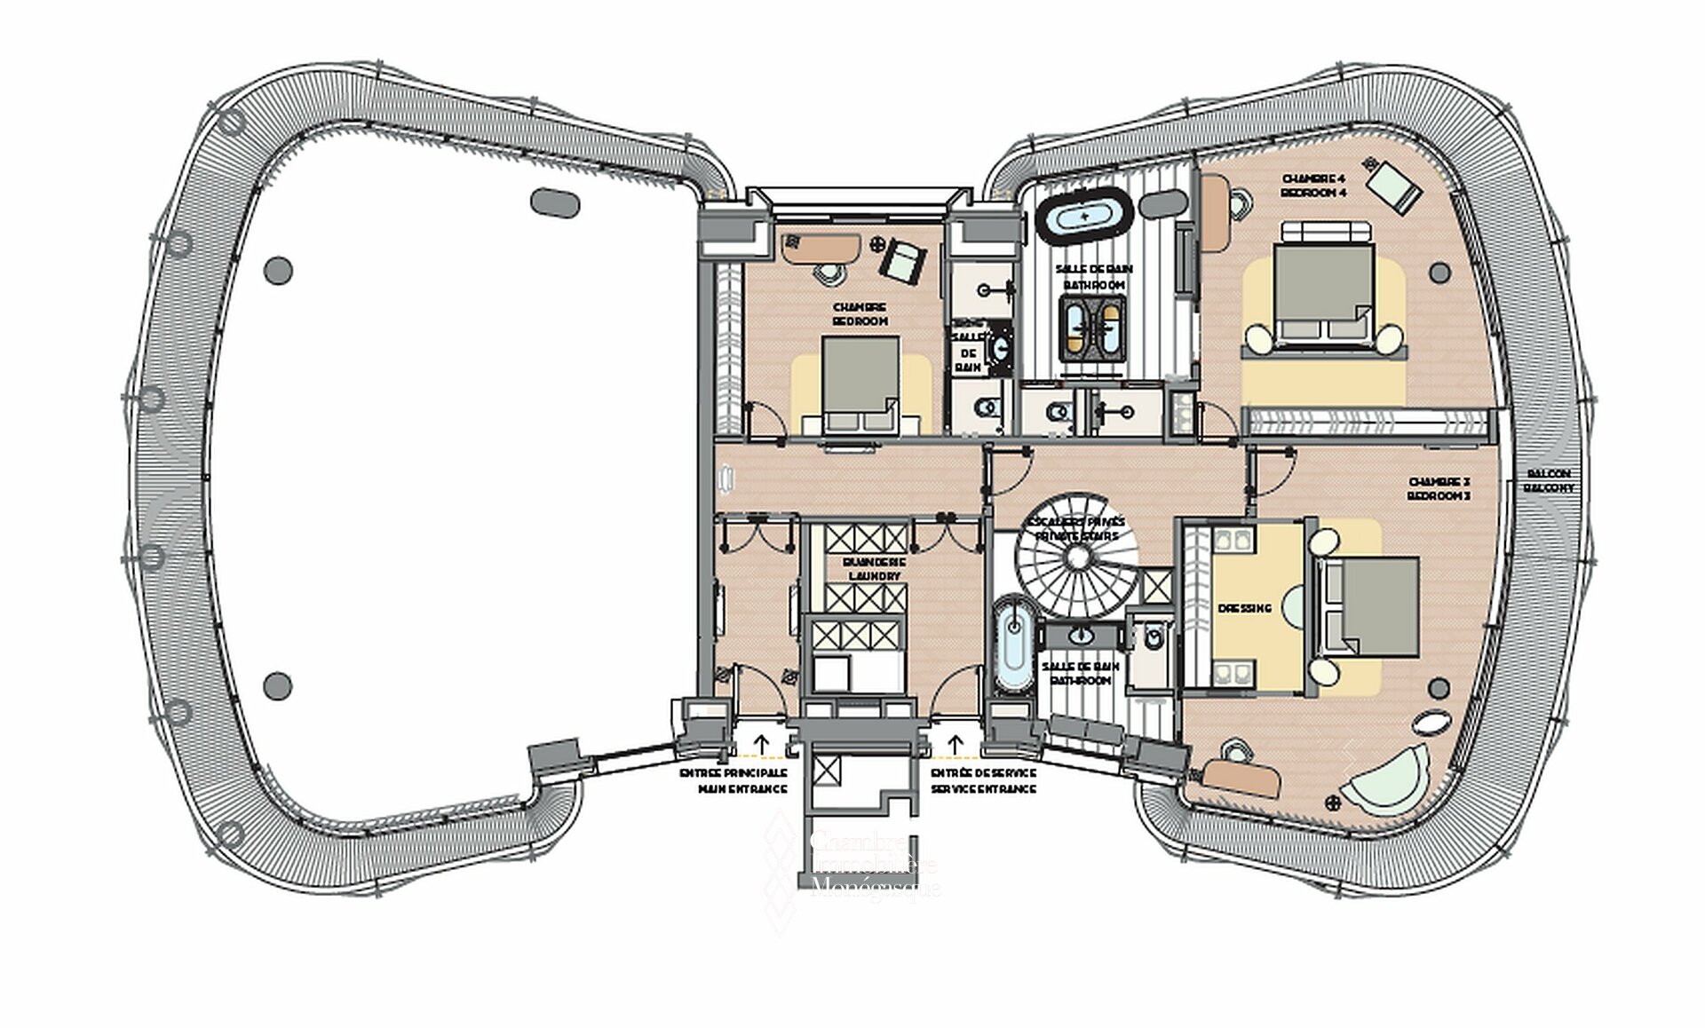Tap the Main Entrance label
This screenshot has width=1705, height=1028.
[733, 780]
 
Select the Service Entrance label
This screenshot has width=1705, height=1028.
[983, 780]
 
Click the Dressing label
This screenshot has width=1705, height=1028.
[1245, 608]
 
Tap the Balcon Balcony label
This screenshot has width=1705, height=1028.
[1549, 480]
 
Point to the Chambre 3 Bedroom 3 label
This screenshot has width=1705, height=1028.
[1439, 488]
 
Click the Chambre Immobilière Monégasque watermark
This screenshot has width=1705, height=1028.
[875, 865]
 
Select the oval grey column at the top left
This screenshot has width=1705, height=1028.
[555, 202]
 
